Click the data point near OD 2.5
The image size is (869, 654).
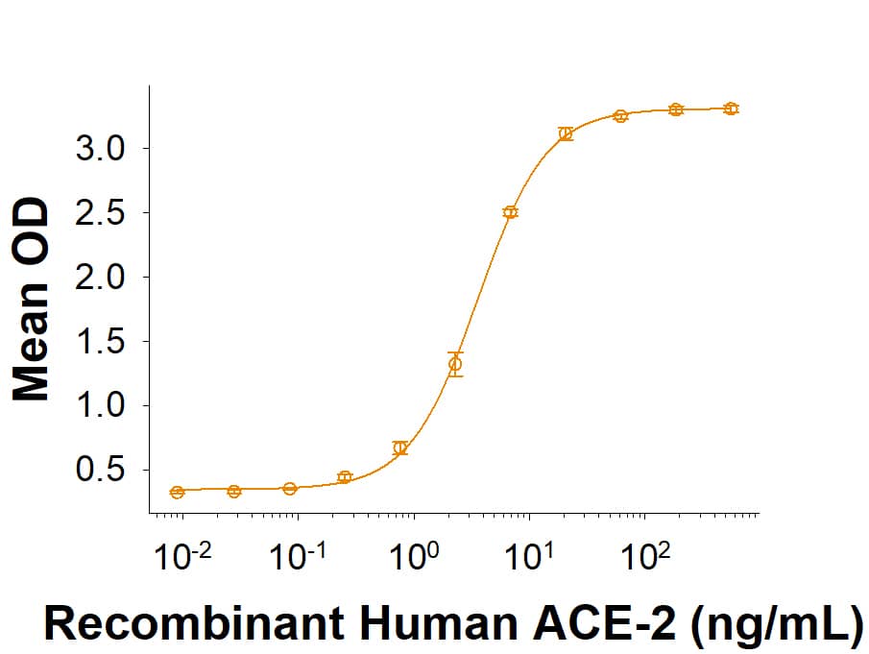510,212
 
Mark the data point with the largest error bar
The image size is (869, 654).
455,364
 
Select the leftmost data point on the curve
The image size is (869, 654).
177,492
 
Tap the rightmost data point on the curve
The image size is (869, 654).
731,109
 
